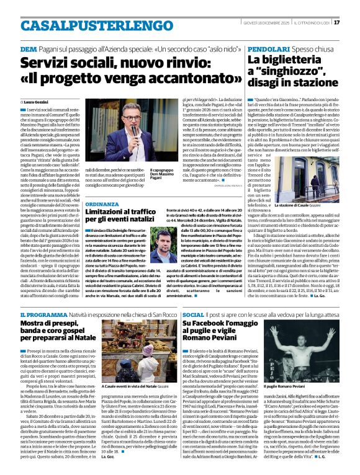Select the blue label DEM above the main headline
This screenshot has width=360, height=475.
click(28, 49)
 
